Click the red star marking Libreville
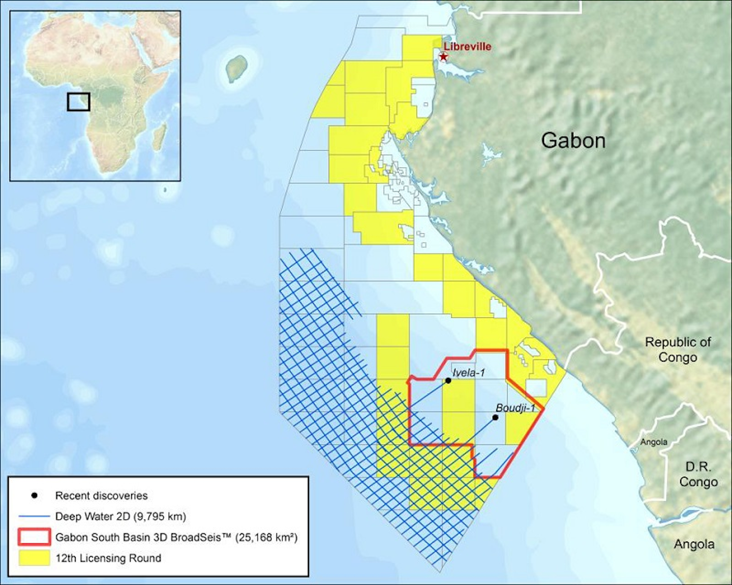443,57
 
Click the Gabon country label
573,141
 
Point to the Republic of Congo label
678,349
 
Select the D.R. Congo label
698,474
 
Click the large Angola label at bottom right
694,544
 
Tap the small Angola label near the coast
654,442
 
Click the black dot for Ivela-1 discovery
448,380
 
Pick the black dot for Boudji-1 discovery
496,417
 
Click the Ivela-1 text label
468,373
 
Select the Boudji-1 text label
515,408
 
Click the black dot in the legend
34,496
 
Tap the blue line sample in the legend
34,516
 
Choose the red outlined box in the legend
34,537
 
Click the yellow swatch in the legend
34,558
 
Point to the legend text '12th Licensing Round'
108,558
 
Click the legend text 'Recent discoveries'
101,496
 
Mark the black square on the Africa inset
79,102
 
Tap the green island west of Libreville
236,69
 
